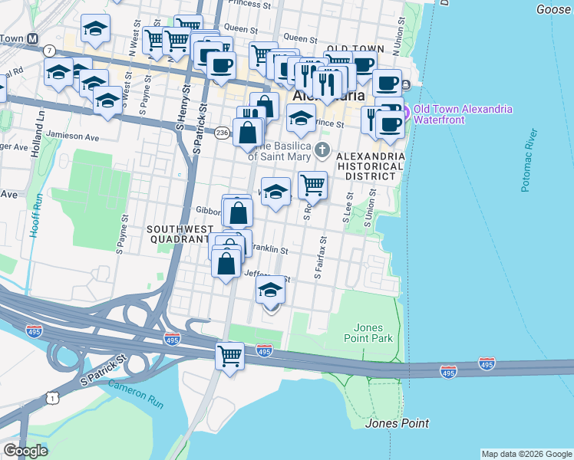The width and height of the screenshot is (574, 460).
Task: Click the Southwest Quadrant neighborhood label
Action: coord(178,233)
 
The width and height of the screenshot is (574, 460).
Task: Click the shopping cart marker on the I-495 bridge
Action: coord(230,356)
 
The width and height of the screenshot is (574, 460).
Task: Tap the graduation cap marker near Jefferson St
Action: coord(269,291)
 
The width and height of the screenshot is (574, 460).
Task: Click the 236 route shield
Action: coord(222,133)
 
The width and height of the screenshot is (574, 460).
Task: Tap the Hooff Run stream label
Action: coord(34,217)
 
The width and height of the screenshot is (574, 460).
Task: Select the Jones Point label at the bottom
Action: coord(397,423)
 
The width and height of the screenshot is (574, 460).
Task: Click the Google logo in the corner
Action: coord(25,451)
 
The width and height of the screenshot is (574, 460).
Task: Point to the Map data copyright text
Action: coord(526,454)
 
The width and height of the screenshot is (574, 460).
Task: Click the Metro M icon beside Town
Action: coord(32,38)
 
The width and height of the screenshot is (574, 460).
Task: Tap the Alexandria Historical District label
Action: coord(371,166)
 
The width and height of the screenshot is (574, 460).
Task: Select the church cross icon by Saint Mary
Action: coord(323,149)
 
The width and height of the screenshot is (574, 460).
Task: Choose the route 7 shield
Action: coord(49,51)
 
